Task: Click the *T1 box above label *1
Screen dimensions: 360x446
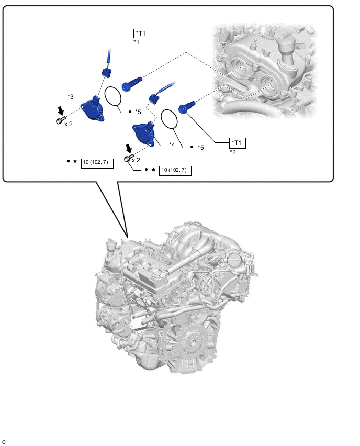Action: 142,34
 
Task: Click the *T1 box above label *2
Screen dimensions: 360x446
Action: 238,143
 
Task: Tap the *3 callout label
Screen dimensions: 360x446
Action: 71,97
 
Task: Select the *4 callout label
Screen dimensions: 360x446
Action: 172,145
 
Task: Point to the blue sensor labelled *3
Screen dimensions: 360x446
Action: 92,110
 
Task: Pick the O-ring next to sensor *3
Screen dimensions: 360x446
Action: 113,96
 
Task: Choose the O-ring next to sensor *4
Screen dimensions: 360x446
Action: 169,120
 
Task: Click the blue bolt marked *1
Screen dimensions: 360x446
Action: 131,83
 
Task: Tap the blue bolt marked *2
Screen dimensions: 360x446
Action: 186,106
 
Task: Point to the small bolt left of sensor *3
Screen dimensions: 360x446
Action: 61,120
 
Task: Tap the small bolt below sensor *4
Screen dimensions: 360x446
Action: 129,158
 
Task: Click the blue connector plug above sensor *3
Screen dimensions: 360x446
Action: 106,72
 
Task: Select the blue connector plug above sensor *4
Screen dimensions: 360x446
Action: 154,99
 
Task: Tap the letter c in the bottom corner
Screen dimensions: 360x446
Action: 4,442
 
